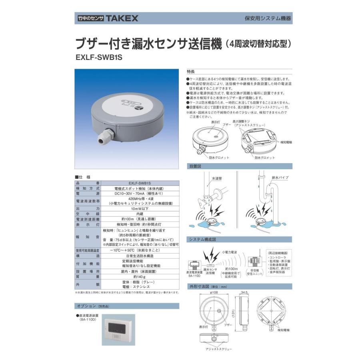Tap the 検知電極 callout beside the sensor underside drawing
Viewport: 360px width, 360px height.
[286, 142]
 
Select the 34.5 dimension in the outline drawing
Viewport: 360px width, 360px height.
[245, 293]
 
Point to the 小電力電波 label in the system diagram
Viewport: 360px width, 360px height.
[229, 252]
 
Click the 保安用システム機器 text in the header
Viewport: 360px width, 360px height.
[268, 18]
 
